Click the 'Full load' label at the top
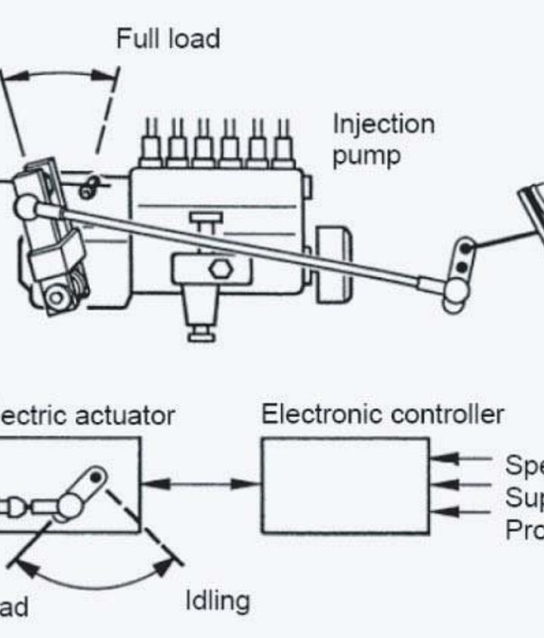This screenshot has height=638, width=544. pyautogui.click(x=168, y=39)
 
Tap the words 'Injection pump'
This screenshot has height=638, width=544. pyautogui.click(x=383, y=140)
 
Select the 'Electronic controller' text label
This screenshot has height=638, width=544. pyautogui.click(x=382, y=415)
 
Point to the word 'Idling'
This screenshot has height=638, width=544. pyautogui.click(x=218, y=601)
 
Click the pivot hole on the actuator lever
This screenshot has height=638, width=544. pyautogui.click(x=96, y=477)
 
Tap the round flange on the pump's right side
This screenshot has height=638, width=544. pyautogui.click(x=332, y=260)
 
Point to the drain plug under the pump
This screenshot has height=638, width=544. pyautogui.click(x=200, y=330)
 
